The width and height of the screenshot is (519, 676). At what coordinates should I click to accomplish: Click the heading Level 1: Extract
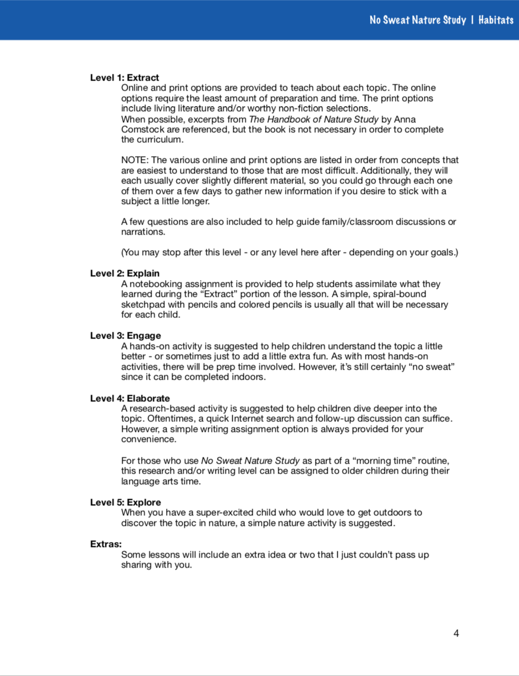point(124,78)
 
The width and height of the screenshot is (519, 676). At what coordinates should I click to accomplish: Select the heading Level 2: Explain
point(124,274)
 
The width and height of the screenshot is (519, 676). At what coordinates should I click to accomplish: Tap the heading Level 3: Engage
point(126,336)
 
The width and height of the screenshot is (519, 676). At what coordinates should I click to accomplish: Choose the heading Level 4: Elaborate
point(130,399)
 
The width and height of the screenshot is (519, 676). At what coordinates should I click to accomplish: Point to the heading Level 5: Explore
point(126,503)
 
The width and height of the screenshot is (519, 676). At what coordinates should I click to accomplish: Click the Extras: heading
point(106,544)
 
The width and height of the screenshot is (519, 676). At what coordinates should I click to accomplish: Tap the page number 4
point(456,633)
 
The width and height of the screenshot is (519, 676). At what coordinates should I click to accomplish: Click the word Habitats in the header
point(496,21)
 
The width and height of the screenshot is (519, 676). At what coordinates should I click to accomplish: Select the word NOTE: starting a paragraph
point(134,160)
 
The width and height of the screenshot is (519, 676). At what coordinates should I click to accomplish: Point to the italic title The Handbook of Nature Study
point(313,120)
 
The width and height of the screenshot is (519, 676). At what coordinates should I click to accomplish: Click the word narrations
point(143,232)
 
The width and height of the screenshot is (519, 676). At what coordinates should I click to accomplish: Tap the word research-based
point(158,409)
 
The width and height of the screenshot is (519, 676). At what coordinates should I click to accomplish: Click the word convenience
point(148,440)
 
